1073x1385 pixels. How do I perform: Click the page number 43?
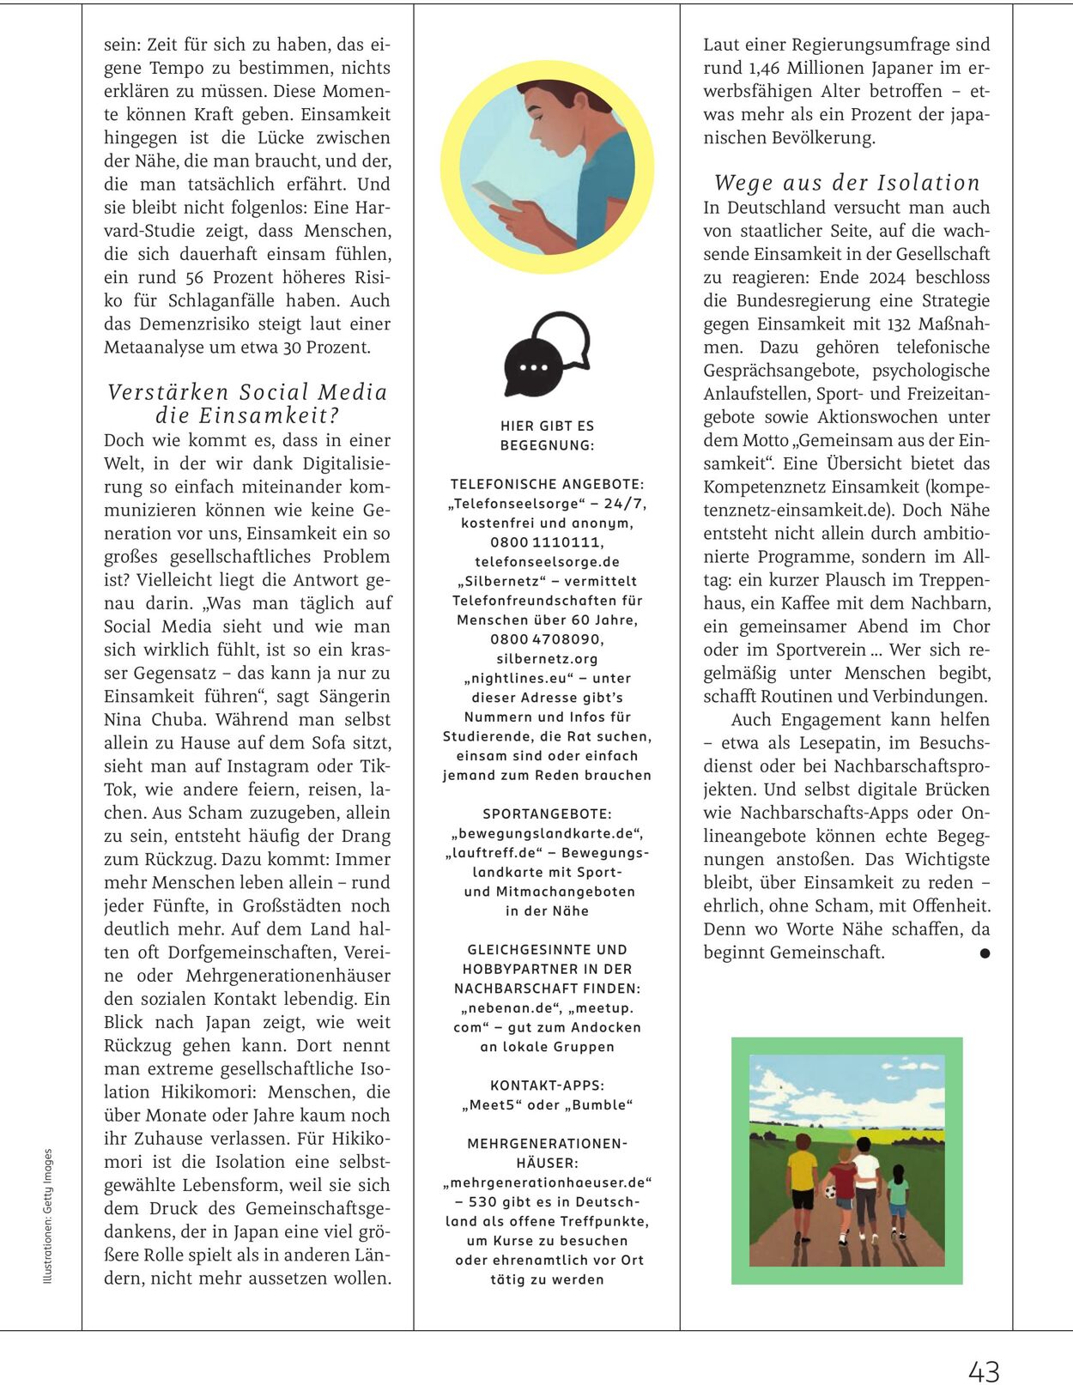click(984, 1370)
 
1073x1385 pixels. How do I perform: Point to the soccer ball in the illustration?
click(830, 1192)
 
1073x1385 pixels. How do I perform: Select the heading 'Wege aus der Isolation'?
click(846, 183)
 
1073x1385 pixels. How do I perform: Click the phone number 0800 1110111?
click(547, 542)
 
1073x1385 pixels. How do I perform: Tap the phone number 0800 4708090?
click(547, 639)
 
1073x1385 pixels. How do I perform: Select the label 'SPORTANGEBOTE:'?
click(547, 813)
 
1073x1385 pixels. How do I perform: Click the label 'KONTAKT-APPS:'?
click(547, 1086)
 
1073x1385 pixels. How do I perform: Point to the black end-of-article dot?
click(985, 953)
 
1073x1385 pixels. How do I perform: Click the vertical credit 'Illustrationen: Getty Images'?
click(48, 1216)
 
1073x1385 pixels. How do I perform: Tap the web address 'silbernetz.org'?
click(547, 659)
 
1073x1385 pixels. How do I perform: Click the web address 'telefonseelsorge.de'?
click(547, 562)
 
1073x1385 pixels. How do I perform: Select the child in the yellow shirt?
click(803, 1180)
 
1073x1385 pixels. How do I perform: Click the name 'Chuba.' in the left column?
click(177, 719)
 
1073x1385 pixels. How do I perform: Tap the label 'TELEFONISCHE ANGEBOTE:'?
click(547, 485)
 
